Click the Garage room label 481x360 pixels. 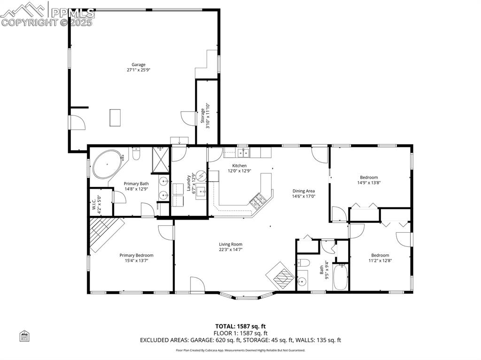click(x=138, y=65)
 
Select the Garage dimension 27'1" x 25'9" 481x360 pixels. click(x=138, y=70)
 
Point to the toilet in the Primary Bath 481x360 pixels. click(x=137, y=153)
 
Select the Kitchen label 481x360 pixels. click(x=239, y=166)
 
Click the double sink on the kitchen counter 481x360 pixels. click(x=243, y=153)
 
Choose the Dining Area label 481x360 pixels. click(x=303, y=191)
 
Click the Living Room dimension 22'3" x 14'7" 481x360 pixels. click(x=230, y=249)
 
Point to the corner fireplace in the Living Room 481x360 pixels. click(x=281, y=274)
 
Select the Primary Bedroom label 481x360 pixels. click(x=136, y=255)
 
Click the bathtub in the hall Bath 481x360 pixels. click(x=340, y=277)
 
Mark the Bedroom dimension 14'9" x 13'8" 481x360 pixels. click(x=369, y=183)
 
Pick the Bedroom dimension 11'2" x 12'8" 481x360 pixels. click(x=380, y=260)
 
